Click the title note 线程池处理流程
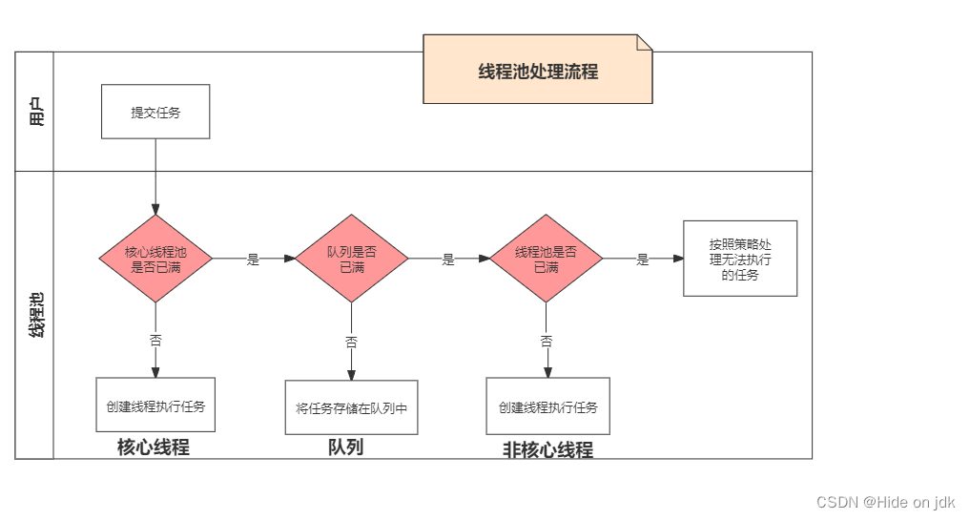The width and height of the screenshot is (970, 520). click(x=538, y=71)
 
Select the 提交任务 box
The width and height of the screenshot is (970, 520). click(x=155, y=112)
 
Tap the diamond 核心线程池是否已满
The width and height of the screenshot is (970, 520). click(x=155, y=259)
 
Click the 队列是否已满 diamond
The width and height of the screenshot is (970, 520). click(x=351, y=259)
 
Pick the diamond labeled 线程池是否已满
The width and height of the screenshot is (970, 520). click(x=546, y=259)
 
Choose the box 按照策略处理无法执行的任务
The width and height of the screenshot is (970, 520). click(x=740, y=259)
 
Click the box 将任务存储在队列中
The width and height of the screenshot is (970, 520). click(x=351, y=408)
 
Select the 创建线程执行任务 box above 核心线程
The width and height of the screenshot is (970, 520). click(x=155, y=405)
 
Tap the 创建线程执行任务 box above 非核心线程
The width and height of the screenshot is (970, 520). click(x=547, y=406)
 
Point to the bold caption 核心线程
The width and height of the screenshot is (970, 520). click(x=154, y=447)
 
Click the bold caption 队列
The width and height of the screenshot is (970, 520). click(x=345, y=447)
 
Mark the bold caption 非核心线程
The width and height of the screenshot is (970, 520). click(x=547, y=450)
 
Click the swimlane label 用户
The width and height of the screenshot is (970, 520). click(x=35, y=113)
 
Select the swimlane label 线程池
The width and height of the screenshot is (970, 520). click(x=35, y=315)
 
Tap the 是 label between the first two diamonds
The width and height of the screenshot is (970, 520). click(x=253, y=260)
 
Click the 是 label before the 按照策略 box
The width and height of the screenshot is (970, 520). click(x=643, y=260)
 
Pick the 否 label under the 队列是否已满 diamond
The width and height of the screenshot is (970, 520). click(x=351, y=341)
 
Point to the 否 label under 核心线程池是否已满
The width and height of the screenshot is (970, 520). click(x=155, y=340)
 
